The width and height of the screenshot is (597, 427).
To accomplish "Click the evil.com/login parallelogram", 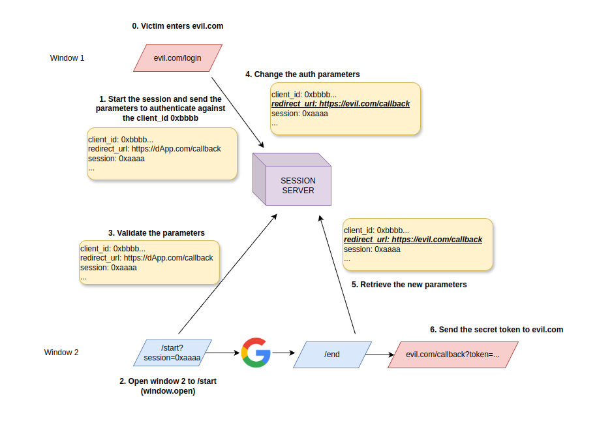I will [x=177, y=58].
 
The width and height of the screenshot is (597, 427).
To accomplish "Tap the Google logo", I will [x=256, y=353].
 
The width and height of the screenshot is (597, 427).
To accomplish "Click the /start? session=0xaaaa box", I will [x=173, y=353].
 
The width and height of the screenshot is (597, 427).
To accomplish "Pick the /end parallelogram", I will [x=332, y=354].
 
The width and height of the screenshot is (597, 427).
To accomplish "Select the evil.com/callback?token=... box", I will [x=452, y=355].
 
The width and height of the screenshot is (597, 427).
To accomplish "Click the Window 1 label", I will [x=67, y=58].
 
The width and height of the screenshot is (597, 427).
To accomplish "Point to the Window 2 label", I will [x=61, y=353].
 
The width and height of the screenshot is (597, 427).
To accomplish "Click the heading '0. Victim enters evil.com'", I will [x=178, y=26].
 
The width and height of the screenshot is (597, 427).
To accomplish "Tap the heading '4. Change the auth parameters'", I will [x=302, y=74].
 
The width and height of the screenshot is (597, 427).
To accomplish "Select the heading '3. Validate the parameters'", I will [x=157, y=233].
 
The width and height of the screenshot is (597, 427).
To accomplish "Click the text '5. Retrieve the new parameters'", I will [x=409, y=285].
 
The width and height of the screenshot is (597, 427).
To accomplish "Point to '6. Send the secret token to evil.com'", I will [x=496, y=330].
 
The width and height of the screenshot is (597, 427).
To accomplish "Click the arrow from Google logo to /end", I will [x=282, y=353].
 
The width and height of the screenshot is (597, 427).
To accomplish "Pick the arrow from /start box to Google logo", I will [x=222, y=353].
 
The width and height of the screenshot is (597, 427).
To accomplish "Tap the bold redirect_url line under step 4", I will [x=340, y=104].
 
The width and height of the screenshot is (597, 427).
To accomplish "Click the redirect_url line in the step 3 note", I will [x=147, y=258].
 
